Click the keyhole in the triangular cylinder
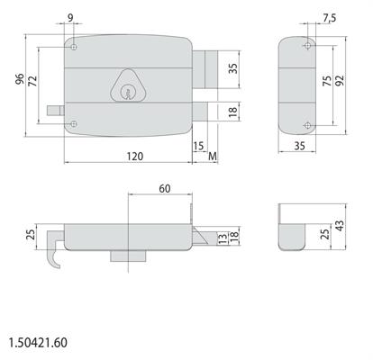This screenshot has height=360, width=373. click(127, 93)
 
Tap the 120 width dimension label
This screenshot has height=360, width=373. click(135, 157)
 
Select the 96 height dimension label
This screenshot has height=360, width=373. click(20, 79)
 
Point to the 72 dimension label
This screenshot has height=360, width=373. click(32, 81)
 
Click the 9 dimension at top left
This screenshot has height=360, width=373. click(70, 18)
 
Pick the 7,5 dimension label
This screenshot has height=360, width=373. click(330, 19)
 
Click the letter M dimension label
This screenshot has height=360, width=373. click(213, 156)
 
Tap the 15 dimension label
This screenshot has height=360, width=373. click(199, 146)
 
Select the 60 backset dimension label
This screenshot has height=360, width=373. click(165, 189)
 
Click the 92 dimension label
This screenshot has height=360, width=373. click(341, 80)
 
